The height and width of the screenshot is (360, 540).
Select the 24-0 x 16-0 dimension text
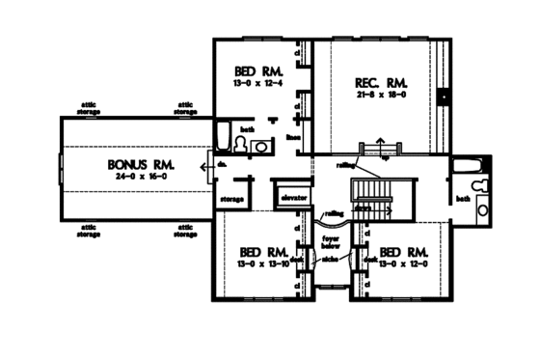pos(134,179)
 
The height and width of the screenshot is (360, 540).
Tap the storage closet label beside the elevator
pos(230,200)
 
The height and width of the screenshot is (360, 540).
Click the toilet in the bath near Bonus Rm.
pos(260,146)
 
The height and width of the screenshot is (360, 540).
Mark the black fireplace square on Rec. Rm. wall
pos(445,97)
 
